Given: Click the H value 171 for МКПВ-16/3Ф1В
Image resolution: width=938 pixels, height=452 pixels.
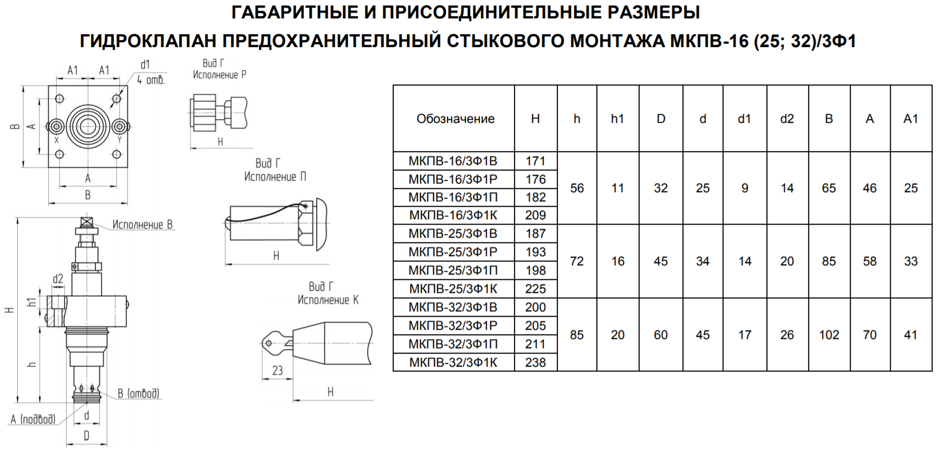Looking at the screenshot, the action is pyautogui.click(x=535, y=161).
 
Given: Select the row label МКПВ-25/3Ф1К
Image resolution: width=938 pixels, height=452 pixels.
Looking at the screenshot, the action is pyautogui.click(x=453, y=289).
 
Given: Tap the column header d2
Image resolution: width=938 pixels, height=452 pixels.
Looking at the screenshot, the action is pyautogui.click(x=787, y=119).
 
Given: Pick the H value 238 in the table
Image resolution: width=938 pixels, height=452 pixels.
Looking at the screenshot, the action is pyautogui.click(x=535, y=362).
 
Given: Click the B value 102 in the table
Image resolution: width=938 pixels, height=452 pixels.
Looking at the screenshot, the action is pyautogui.click(x=829, y=335).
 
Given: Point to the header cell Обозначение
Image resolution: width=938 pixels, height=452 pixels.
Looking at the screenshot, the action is pyautogui.click(x=455, y=119).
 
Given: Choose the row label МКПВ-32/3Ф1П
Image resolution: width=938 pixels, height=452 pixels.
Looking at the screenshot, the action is pyautogui.click(x=453, y=344).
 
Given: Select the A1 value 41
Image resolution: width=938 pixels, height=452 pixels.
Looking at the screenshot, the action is pyautogui.click(x=910, y=335).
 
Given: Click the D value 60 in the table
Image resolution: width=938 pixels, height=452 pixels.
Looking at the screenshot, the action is pyautogui.click(x=660, y=335).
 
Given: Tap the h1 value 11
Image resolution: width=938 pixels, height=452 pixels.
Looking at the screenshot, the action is pyautogui.click(x=617, y=188).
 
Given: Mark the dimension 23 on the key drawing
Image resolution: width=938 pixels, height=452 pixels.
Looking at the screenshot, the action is pyautogui.click(x=277, y=371).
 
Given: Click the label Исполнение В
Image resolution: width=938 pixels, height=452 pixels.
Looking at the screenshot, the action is pyautogui.click(x=142, y=225).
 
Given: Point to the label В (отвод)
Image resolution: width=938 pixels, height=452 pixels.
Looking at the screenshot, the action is pyautogui.click(x=139, y=394).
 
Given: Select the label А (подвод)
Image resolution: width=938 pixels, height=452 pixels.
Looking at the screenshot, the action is pyautogui.click(x=33, y=419).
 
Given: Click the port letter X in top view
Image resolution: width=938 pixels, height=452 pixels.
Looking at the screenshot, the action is pyautogui.click(x=56, y=140).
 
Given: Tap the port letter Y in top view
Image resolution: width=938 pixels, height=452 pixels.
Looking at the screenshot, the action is pyautogui.click(x=120, y=140).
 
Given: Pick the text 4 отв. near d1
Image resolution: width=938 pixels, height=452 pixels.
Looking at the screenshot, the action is pyautogui.click(x=151, y=80).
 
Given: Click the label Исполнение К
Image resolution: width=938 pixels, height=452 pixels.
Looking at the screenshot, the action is pyautogui.click(x=328, y=300).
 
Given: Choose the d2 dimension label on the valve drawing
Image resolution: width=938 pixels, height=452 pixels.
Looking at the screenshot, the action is pyautogui.click(x=58, y=279).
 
